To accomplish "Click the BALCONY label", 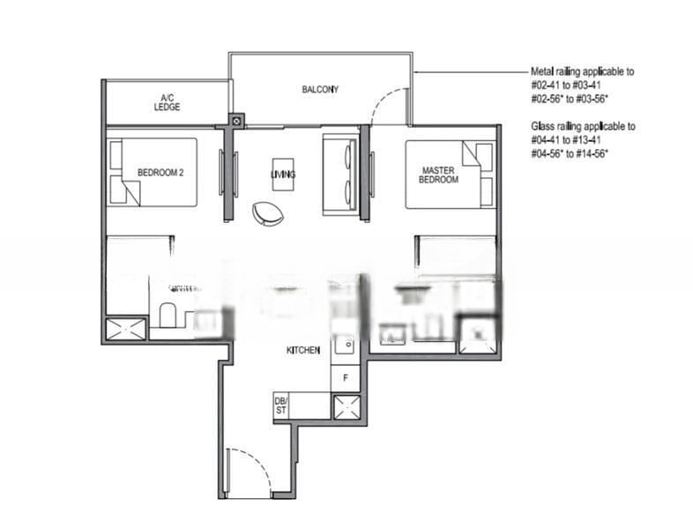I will (x=320, y=89).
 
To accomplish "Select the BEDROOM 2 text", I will (x=160, y=173).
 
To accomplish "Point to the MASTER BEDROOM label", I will (x=439, y=174).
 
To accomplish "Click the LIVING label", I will (x=283, y=175).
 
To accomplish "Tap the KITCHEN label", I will (x=302, y=351).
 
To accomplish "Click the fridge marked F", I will (x=345, y=377).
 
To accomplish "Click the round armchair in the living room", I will (x=268, y=212).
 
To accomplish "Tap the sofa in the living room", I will (x=340, y=174).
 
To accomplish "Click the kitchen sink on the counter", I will (x=345, y=346).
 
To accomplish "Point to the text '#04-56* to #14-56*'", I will (x=571, y=153).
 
